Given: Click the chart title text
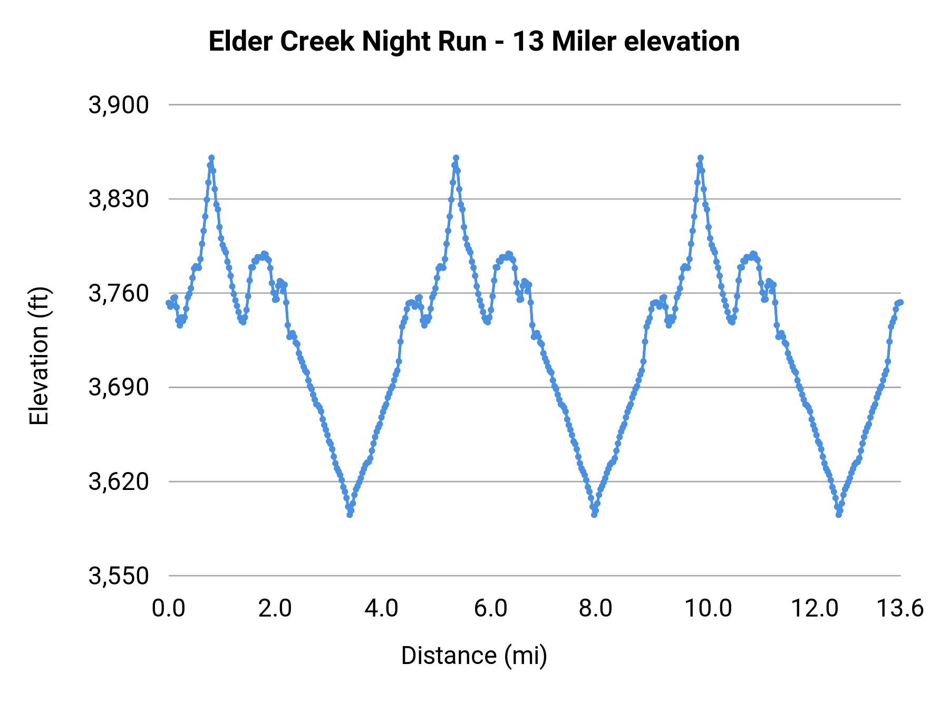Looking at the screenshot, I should pyautogui.click(x=474, y=42).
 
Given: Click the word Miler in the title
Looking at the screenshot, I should pyautogui.click(x=584, y=42).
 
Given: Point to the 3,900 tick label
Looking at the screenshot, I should pyautogui.click(x=119, y=105).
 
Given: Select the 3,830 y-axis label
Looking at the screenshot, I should pyautogui.click(x=119, y=199).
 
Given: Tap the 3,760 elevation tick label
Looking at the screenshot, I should pyautogui.click(x=119, y=294).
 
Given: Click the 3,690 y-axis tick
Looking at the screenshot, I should pyautogui.click(x=119, y=388).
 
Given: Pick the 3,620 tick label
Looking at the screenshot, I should pyautogui.click(x=119, y=482).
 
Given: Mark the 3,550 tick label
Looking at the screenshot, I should pyautogui.click(x=119, y=576).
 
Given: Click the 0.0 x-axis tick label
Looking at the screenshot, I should pyautogui.click(x=168, y=609).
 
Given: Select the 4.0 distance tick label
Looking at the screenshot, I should pyautogui.click(x=382, y=609).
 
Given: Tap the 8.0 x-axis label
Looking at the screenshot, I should pyautogui.click(x=595, y=609).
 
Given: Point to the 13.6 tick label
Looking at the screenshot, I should pyautogui.click(x=899, y=609).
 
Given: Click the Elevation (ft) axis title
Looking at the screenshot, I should pyautogui.click(x=38, y=356).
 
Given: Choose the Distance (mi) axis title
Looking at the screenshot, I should pyautogui.click(x=474, y=656).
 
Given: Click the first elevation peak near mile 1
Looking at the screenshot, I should pyautogui.click(x=211, y=158).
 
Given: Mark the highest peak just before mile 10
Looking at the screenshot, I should pyautogui.click(x=701, y=158).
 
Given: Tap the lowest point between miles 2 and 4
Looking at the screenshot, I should pyautogui.click(x=350, y=514).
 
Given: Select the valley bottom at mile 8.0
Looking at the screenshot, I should pyautogui.click(x=594, y=514).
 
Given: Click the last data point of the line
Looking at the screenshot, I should pyautogui.click(x=901, y=302).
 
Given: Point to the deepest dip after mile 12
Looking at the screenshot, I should pyautogui.click(x=839, y=514).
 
